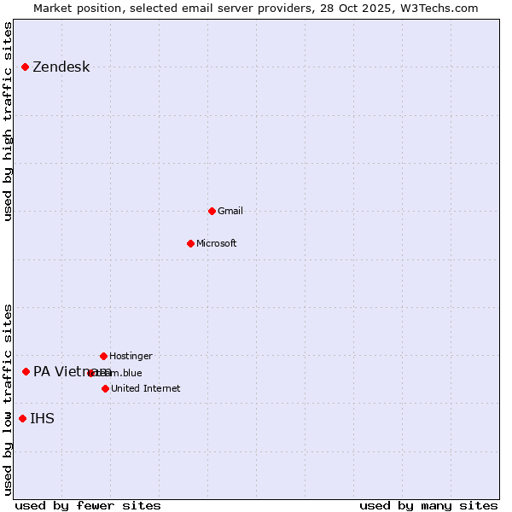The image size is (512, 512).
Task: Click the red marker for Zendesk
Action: [x=25, y=67]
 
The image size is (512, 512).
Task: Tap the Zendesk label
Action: [x=61, y=67]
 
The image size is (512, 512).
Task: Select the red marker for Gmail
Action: [x=212, y=211]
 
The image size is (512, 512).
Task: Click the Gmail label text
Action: [x=230, y=211]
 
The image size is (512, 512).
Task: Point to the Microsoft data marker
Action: [x=190, y=243]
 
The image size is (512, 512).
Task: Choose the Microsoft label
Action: [x=216, y=243]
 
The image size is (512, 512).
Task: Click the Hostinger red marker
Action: [x=103, y=356]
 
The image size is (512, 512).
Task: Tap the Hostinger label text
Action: [x=131, y=356]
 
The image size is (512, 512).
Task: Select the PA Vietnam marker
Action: [x=26, y=371]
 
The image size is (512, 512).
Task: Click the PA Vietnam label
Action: [x=60, y=371]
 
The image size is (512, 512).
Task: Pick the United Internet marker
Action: [x=105, y=388]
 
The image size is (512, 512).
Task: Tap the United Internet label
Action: [x=145, y=388]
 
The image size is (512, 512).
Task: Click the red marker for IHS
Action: [x=22, y=418]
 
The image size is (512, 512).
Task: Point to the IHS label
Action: [x=42, y=418]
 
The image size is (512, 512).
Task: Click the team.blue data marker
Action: [x=90, y=373]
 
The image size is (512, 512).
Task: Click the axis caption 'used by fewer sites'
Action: [x=88, y=505]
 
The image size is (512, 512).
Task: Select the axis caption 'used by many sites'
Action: [x=428, y=505]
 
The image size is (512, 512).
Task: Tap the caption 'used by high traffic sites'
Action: [x=9, y=121]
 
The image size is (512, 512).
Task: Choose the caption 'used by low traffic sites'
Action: [x=9, y=399]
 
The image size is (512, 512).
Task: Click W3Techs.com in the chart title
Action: [x=439, y=8]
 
